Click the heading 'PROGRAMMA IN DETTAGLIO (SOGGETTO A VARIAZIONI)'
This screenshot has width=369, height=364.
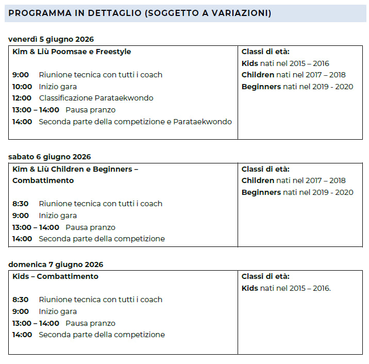point(140,13)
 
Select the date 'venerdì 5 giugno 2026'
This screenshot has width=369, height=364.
point(51,40)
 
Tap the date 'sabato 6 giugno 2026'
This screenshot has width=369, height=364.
point(49,157)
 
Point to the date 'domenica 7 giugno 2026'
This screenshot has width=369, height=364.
point(56,265)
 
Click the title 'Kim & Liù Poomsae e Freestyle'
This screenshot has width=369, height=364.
point(72,52)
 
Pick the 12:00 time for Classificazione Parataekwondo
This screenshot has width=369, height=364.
point(22,98)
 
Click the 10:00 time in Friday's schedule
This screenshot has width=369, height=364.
point(22,87)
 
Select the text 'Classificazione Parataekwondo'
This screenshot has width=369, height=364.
point(96,98)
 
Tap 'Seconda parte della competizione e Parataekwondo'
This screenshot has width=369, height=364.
point(135,122)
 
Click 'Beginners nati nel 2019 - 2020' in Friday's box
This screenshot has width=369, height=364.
point(297,87)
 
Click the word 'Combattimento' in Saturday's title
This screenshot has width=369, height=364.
point(43,180)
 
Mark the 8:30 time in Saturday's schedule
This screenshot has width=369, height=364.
point(21,204)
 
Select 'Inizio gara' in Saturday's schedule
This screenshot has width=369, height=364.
point(58,216)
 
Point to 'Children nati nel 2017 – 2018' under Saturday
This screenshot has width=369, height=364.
point(294,180)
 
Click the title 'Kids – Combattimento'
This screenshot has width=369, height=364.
point(55,276)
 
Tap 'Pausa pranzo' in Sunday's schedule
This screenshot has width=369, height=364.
point(91,323)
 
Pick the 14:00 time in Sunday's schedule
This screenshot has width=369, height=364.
point(22,335)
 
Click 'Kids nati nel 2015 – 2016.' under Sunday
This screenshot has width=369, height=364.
point(286,288)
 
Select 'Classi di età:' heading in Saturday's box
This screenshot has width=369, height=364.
point(265,169)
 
